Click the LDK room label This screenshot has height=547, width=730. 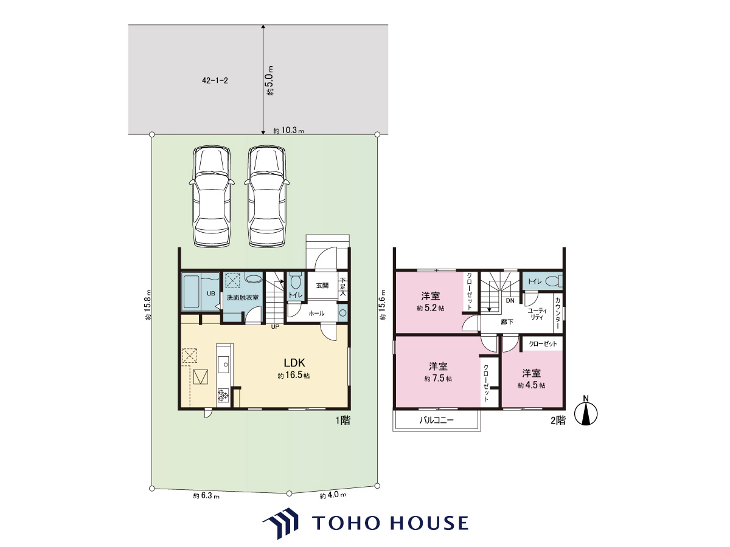point(294,362)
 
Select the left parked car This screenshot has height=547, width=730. point(212,196)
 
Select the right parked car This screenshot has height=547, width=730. point(266,196)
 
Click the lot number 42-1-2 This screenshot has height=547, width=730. point(215,81)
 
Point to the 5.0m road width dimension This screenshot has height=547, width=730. point(269,81)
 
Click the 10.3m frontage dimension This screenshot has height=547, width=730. point(289,131)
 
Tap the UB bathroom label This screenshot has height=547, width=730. point(211,294)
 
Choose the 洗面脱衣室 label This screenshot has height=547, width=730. point(243,298)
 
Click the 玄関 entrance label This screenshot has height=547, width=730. point(322,285)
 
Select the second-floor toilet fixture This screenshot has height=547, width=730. point(554,281)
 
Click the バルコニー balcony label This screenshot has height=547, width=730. point(436,420)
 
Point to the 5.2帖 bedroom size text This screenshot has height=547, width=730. point(430,308)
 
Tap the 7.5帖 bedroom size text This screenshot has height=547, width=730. point(438,378)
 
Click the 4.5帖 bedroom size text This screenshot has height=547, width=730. point(531,385)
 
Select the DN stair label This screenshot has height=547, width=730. point(510,301)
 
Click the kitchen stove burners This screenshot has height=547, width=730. point(223,395)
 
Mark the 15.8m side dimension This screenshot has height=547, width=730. point(148,304)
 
